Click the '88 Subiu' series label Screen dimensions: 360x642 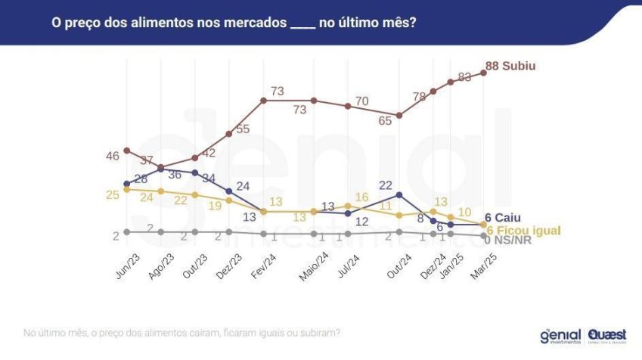(x=510, y=67)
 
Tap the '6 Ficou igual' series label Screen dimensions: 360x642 (x=522, y=230)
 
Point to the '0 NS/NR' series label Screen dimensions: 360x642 (x=510, y=241)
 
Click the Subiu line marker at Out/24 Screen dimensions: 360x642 (x=399, y=115)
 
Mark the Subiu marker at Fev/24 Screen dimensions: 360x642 (x=263, y=100)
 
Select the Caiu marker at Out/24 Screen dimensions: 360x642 (x=399, y=194)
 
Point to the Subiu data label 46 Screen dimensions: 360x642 (x=113, y=156)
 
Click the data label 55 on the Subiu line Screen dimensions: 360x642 (x=243, y=129)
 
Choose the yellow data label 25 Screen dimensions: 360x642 (x=113, y=195)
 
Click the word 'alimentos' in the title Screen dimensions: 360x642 (x=140, y=23)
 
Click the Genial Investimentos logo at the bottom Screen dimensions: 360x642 (x=560, y=335)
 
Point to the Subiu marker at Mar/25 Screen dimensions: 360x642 (x=484, y=73)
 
